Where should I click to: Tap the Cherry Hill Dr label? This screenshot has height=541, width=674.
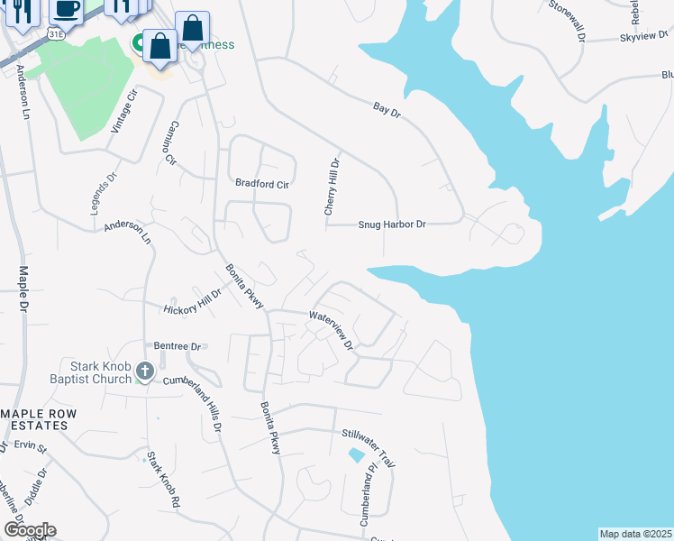(x=332, y=187)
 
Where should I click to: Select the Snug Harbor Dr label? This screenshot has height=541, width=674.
(x=392, y=225)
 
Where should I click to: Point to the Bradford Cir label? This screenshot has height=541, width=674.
(x=262, y=184)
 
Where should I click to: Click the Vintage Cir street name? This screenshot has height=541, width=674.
(x=124, y=111)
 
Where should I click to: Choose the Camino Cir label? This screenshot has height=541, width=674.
(x=171, y=145)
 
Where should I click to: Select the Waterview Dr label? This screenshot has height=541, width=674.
(x=333, y=328)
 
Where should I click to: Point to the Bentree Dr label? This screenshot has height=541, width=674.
(x=177, y=345)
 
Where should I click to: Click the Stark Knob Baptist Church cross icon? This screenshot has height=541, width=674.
(x=145, y=371)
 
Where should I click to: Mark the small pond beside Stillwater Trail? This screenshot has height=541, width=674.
(x=358, y=456)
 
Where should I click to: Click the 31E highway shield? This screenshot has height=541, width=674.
(x=56, y=33)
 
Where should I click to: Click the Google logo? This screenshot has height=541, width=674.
(x=29, y=529)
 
